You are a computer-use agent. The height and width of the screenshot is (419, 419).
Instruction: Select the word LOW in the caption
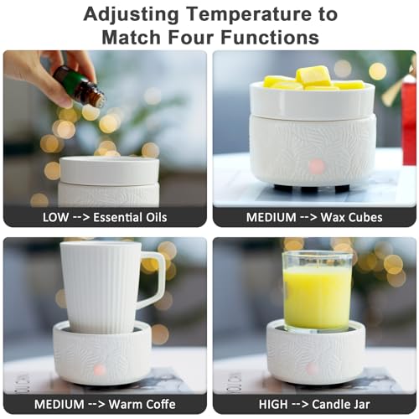coord(55,217)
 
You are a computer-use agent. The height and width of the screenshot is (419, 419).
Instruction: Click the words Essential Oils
coord(130,217)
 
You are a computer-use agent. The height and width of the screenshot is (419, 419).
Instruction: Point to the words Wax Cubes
coord(351,217)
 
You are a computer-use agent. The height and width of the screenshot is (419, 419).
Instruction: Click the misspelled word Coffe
coord(161,404)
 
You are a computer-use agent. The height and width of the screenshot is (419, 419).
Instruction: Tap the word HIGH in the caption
coord(273,404)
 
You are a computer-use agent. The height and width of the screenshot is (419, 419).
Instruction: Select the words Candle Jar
coord(341,404)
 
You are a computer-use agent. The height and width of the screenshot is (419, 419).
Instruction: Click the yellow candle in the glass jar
coord(318,297)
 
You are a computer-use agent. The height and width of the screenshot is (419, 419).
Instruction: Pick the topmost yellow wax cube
coord(313,75)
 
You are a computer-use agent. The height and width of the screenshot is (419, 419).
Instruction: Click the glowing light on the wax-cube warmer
coord(317,166)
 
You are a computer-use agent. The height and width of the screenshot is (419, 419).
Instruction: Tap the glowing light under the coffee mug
coord(100,370)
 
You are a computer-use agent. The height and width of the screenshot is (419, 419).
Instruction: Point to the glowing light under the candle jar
coord(312,368)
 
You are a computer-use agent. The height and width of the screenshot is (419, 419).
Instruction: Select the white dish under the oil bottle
coord(109,171)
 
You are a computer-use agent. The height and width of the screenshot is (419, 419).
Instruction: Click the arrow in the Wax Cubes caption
coord(308,218)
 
